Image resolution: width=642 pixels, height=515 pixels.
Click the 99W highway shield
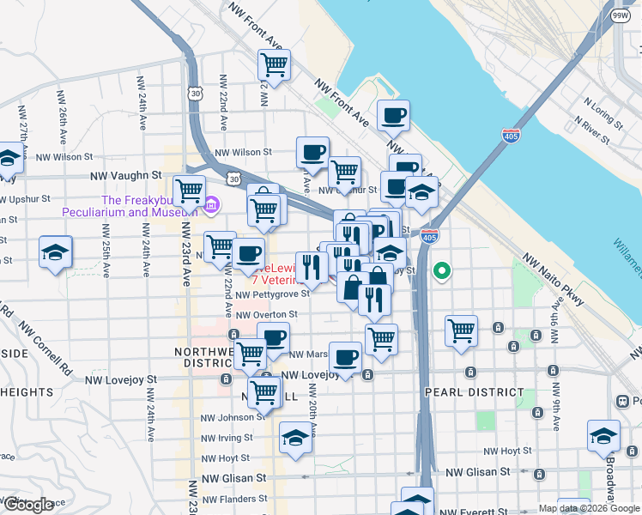620,15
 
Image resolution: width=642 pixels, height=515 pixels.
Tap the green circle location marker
442,271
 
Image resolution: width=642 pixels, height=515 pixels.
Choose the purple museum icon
212,204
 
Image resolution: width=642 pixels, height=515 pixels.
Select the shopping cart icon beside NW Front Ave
274,63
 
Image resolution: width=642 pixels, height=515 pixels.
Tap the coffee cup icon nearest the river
393,115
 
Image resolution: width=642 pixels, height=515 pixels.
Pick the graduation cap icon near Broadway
603,435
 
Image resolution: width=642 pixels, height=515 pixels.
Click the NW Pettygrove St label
272,294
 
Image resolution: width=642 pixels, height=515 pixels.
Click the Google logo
28,505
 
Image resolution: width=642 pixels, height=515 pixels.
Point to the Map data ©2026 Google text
588,508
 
